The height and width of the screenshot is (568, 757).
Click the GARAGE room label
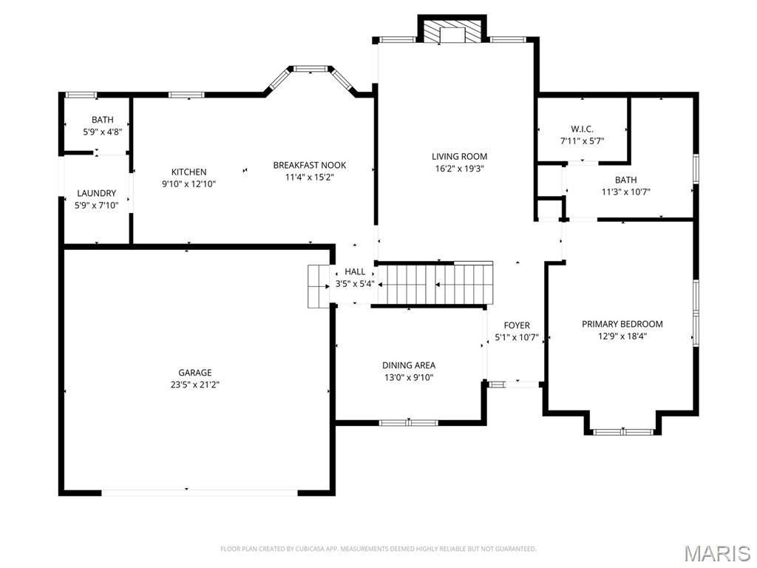(194, 373)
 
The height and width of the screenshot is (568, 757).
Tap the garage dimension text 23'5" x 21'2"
(194, 385)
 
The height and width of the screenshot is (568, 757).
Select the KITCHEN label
(189, 172)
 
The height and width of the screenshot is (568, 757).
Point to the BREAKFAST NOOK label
(309, 165)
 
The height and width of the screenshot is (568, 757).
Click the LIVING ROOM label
(459, 156)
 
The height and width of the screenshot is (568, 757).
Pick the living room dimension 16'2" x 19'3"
(459, 168)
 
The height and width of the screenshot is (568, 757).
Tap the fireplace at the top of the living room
(452, 32)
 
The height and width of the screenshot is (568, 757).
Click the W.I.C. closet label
(582, 129)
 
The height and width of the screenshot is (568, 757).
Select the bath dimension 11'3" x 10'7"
(625, 192)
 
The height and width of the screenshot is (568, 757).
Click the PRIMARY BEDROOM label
(622, 324)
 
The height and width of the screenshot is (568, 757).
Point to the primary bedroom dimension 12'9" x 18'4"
(622, 336)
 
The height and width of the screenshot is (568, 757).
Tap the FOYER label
(517, 325)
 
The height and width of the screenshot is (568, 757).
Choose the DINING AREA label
(408, 365)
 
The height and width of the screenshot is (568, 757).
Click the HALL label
(355, 271)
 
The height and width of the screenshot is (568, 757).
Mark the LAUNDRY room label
(96, 194)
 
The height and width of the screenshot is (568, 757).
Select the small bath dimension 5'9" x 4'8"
(102, 132)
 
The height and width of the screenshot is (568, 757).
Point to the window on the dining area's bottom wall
(408, 422)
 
